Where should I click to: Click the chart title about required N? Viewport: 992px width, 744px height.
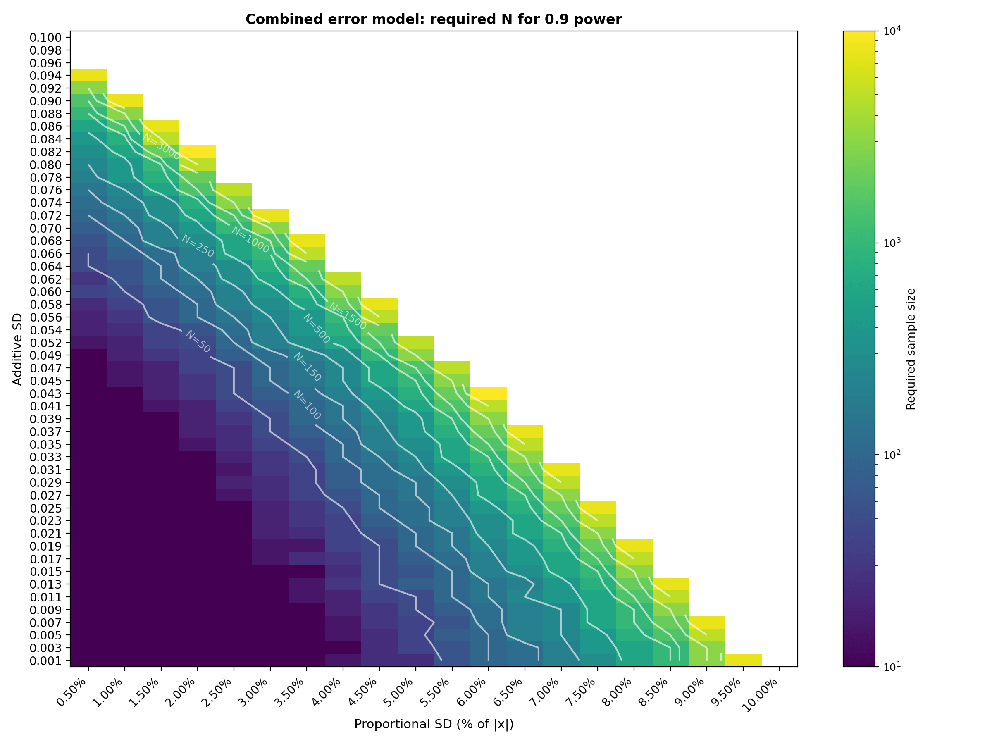click(433, 20)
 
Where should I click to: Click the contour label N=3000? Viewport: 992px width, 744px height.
click(162, 146)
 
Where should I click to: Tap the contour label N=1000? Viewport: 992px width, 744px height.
click(250, 240)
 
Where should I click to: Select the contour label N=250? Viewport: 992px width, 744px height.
click(198, 246)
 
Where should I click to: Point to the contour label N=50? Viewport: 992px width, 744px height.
click(198, 342)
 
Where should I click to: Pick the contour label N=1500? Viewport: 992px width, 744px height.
click(348, 316)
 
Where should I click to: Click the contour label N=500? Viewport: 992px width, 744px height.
click(317, 329)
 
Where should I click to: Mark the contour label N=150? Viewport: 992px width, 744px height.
click(307, 367)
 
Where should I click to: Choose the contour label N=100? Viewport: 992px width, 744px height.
click(307, 405)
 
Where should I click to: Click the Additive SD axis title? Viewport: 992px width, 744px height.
click(17, 349)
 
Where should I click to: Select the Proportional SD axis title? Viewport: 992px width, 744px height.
click(433, 724)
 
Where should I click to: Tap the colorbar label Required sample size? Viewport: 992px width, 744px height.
click(911, 349)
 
